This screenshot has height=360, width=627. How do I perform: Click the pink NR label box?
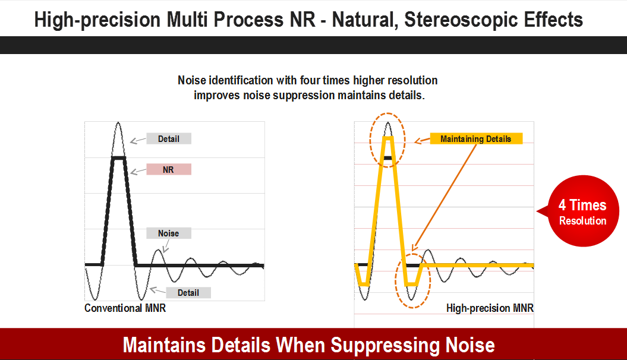[169, 169]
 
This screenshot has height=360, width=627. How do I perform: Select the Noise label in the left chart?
[169, 233]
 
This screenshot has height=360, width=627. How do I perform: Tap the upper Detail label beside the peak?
[169, 138]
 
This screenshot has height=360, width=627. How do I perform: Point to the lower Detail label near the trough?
[188, 292]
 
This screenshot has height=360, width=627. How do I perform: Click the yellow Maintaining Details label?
[476, 138]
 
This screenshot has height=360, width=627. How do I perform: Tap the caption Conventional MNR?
[125, 308]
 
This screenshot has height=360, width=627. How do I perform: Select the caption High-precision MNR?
[490, 308]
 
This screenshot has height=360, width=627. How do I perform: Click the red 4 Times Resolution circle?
[582, 211]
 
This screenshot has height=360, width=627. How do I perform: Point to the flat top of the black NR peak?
[118, 158]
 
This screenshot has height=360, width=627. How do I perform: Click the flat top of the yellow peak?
[387, 138]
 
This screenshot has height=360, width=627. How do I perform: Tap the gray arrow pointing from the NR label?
[138, 172]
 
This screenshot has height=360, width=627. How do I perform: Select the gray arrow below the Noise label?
[166, 246]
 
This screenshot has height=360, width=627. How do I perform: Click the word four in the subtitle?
[310, 80]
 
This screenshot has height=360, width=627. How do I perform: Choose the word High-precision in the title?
[97, 20]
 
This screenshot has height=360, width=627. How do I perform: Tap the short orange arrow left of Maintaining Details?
[423, 140]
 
